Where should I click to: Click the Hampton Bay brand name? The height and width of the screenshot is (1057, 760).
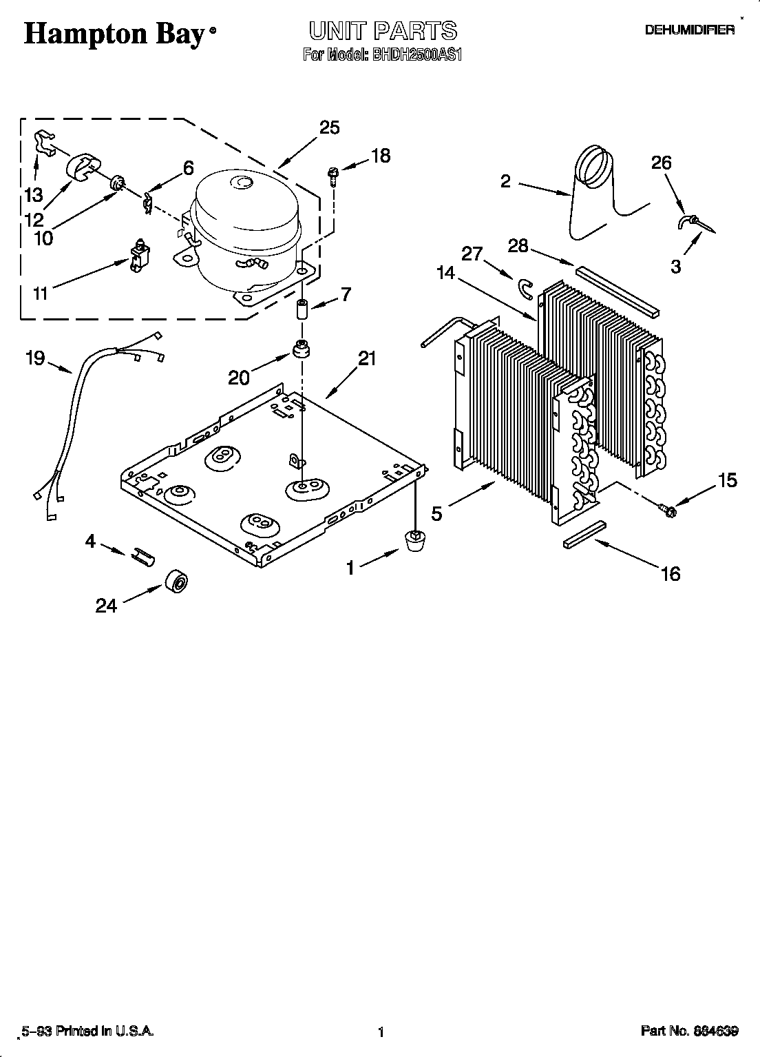coord(115,35)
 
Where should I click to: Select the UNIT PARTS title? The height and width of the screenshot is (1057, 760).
coord(382,30)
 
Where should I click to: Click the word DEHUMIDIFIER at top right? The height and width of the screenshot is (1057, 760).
coord(689,30)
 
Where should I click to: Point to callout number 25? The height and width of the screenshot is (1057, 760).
coord(330,127)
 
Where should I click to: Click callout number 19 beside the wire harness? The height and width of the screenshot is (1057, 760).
coord(35,358)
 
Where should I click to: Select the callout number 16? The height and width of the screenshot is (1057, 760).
coord(670,573)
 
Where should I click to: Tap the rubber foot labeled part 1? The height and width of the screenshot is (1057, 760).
coord(413,540)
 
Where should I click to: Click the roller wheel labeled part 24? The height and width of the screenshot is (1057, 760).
coord(177,582)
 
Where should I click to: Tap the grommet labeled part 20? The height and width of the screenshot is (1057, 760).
coord(300,349)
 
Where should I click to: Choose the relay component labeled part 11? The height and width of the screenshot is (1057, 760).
coord(140,254)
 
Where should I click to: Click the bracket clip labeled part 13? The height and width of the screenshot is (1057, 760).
coord(45,141)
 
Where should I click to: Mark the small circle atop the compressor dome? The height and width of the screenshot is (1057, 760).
coord(242,183)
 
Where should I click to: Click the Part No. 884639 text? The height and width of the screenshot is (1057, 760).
coord(689,1032)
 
